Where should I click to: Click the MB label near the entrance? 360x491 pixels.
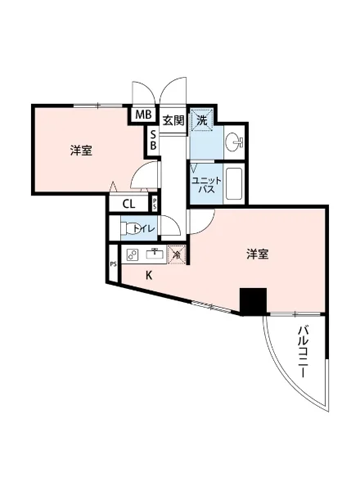[143, 115]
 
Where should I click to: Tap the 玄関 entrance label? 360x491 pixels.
[172, 120]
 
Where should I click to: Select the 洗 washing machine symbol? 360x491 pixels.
[201, 121]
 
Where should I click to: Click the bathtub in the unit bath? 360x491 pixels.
[234, 184]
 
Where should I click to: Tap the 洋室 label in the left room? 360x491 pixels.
[80, 151]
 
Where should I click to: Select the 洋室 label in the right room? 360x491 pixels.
[258, 255]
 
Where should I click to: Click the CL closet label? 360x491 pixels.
[129, 205]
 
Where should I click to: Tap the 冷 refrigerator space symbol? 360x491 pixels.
[177, 255]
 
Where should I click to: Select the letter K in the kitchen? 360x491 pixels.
[149, 275]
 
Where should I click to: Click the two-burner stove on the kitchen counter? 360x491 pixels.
[133, 254]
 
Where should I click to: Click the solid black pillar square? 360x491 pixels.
[253, 302]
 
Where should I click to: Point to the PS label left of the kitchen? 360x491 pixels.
[113, 264]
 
